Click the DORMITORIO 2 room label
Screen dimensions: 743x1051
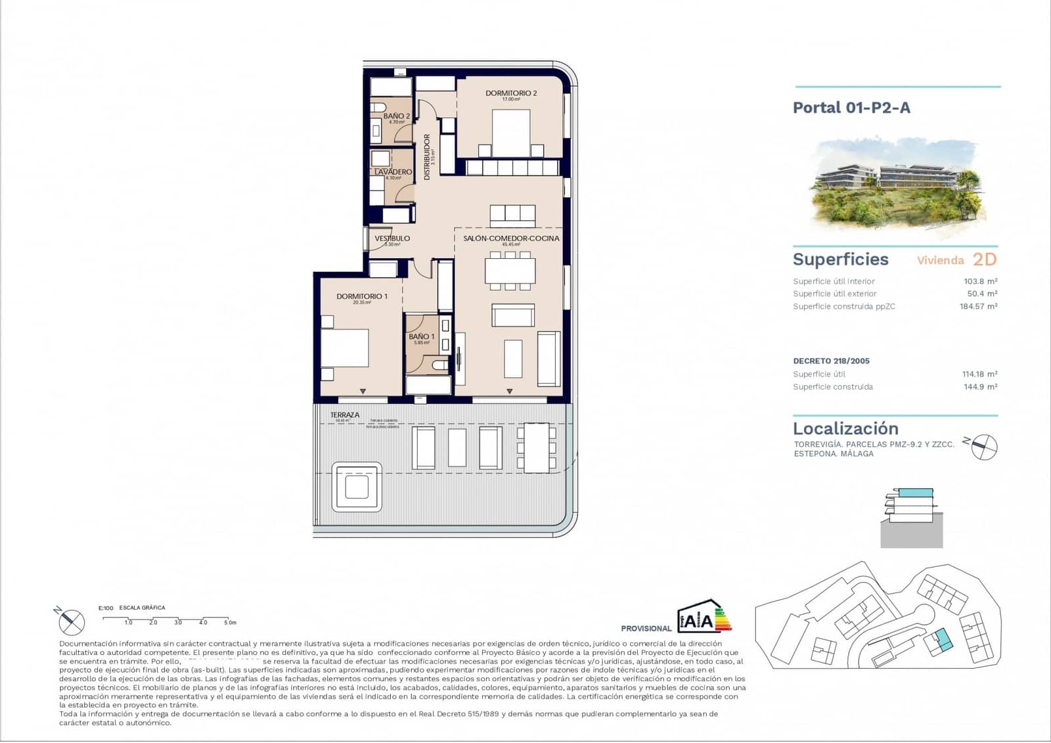pos(511,93)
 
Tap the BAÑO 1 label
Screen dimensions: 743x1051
pos(421,336)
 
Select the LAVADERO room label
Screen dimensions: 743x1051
pos(393,172)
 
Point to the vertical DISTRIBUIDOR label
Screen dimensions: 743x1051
pos(427,157)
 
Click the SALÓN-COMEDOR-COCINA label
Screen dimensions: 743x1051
pos(511,238)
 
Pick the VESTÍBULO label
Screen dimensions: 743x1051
pos(392,238)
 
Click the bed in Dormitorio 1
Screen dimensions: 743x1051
pos(344,348)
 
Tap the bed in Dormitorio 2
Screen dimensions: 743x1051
pos(511,132)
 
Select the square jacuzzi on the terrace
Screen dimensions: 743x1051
pos(357,487)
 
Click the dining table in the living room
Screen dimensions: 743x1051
pos(510,271)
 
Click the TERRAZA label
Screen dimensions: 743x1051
pos(345,415)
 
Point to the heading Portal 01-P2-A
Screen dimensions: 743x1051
pos(851,108)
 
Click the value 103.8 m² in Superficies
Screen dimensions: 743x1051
pos(980,281)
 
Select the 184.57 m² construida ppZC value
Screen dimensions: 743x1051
pos(978,306)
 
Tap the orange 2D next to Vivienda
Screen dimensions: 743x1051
pos(984,259)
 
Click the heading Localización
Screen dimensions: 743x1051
pos(845,428)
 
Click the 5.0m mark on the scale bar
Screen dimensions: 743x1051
pos(230,622)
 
